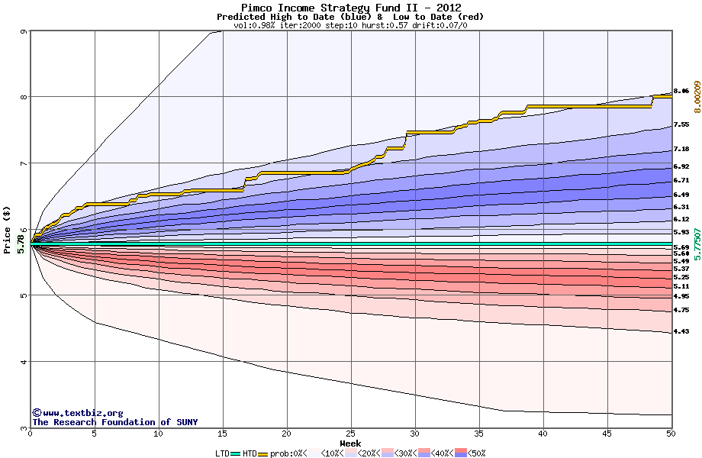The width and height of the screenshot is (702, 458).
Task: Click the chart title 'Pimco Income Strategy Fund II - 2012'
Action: (x=350, y=8)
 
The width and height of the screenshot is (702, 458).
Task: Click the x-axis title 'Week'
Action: (x=350, y=443)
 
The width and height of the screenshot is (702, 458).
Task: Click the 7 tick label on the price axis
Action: (x=24, y=163)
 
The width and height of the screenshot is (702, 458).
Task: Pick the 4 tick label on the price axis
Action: (x=24, y=362)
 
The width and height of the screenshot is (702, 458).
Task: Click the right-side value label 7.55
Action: (x=681, y=124)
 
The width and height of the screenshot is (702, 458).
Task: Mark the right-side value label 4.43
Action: (x=681, y=331)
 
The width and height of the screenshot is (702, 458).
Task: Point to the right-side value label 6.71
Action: (x=681, y=181)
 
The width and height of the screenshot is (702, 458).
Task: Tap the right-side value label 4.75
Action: (x=681, y=310)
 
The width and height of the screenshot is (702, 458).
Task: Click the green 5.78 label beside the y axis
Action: (x=21, y=243)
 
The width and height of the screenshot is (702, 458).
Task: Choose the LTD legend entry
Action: (x=222, y=453)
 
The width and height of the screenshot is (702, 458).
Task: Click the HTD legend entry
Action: (x=250, y=453)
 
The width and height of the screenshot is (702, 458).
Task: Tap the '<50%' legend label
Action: (x=475, y=453)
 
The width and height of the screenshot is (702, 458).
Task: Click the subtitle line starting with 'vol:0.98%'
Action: (x=350, y=25)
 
